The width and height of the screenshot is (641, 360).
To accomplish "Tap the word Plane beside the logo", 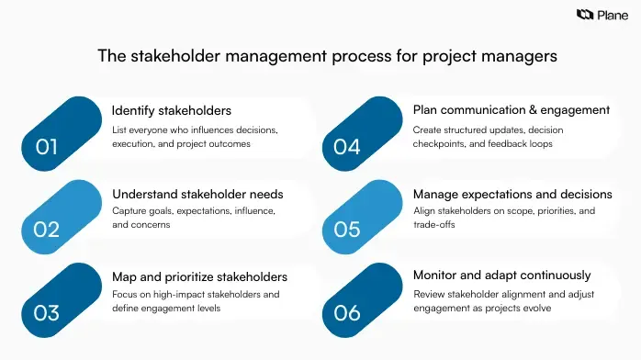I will [613, 15].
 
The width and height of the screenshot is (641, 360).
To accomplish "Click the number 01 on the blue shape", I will [46, 146].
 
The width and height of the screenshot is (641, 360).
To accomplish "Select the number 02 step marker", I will [46, 229].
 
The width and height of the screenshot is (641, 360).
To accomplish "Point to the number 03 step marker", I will [46, 312].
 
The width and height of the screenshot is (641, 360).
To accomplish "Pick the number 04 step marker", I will [347, 146].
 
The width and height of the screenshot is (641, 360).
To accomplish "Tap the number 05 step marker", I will [347, 229].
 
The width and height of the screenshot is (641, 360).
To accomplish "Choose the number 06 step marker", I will [347, 312].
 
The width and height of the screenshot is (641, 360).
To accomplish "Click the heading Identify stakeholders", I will [171, 111].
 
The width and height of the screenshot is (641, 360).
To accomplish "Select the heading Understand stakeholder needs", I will [197, 194].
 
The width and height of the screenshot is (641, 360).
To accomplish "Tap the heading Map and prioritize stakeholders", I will [199, 276].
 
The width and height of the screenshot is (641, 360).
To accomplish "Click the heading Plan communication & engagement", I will [512, 110].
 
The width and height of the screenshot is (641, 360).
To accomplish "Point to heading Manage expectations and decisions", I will [512, 194].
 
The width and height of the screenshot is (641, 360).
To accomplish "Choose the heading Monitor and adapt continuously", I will [501, 275].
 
